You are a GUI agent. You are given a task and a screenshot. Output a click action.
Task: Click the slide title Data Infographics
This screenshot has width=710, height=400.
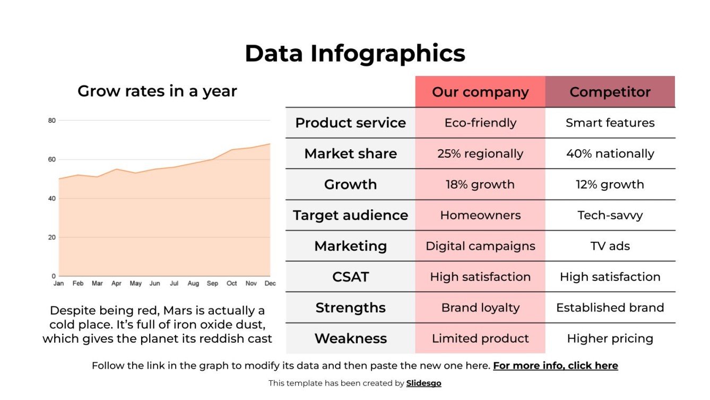[x=354, y=54]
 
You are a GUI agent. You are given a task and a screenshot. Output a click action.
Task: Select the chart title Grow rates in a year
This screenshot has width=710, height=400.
[x=157, y=91]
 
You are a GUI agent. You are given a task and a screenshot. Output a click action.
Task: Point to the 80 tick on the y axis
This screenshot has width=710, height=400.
[x=51, y=121]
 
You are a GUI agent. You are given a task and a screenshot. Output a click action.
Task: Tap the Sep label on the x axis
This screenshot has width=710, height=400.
[x=212, y=284]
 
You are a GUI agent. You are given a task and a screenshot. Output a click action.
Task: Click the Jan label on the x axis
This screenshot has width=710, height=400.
[x=58, y=284]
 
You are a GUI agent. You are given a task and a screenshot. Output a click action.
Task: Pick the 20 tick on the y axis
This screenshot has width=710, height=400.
[x=51, y=237]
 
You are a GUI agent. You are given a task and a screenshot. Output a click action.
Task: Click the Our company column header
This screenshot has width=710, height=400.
[x=480, y=92]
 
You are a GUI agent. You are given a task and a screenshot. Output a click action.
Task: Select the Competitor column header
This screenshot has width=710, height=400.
[x=610, y=92]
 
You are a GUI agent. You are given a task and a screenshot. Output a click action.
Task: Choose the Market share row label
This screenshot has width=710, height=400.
[x=350, y=154]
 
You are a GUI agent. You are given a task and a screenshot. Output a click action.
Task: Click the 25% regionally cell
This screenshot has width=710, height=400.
[x=480, y=154]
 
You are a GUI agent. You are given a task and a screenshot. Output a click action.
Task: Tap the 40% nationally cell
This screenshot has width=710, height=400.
[x=610, y=154]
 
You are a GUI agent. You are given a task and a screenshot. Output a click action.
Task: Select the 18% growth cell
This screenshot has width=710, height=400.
[x=480, y=184]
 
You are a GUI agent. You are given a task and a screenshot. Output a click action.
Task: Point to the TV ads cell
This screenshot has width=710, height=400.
[x=610, y=246]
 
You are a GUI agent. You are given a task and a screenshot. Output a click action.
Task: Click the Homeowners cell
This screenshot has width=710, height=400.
[x=480, y=215]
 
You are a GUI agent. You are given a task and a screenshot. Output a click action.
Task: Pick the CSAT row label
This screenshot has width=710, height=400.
[x=350, y=277]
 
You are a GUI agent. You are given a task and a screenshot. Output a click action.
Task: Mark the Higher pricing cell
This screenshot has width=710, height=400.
[x=610, y=338]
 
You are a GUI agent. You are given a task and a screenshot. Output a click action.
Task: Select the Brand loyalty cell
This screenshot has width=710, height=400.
[x=480, y=308]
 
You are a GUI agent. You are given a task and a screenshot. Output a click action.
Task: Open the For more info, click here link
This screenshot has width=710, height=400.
[x=555, y=365]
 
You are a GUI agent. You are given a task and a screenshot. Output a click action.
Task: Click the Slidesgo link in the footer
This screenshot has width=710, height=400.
[x=423, y=383]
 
